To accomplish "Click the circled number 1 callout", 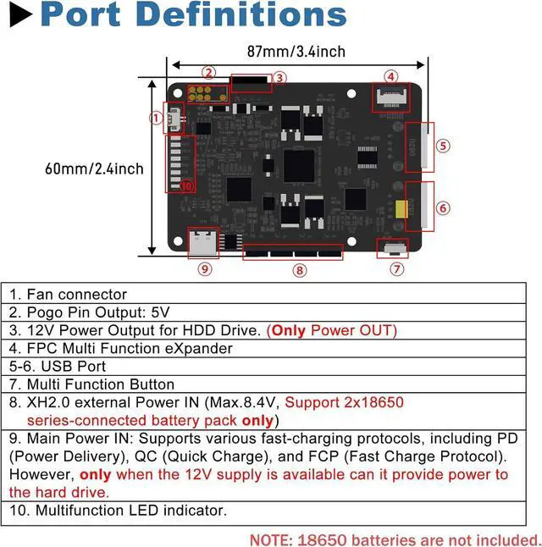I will tap(155, 119).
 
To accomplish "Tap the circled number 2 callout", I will tap(208, 73).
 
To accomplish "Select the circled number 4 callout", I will tap(390, 76).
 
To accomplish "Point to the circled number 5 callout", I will tap(443, 145).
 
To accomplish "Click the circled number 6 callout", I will tap(443, 207).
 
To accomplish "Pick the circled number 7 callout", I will tap(397, 269).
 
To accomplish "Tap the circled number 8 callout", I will tap(299, 270).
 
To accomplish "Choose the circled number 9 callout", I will tap(204, 269).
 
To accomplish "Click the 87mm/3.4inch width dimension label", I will tap(295, 52).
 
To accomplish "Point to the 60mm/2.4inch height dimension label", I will tap(94, 169).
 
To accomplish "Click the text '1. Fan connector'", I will tap(68, 295).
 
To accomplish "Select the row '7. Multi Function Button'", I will tap(91, 384).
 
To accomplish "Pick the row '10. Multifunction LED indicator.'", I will tap(118, 510).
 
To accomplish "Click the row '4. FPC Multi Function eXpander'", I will tap(120, 348).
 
